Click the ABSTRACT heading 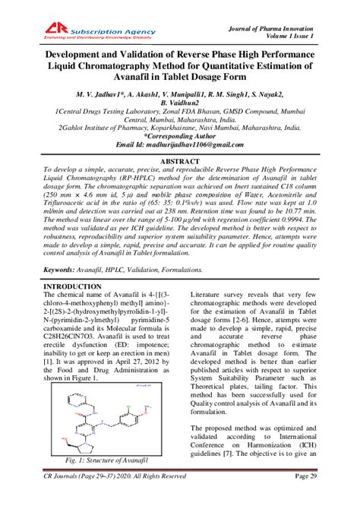pos(180,162)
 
